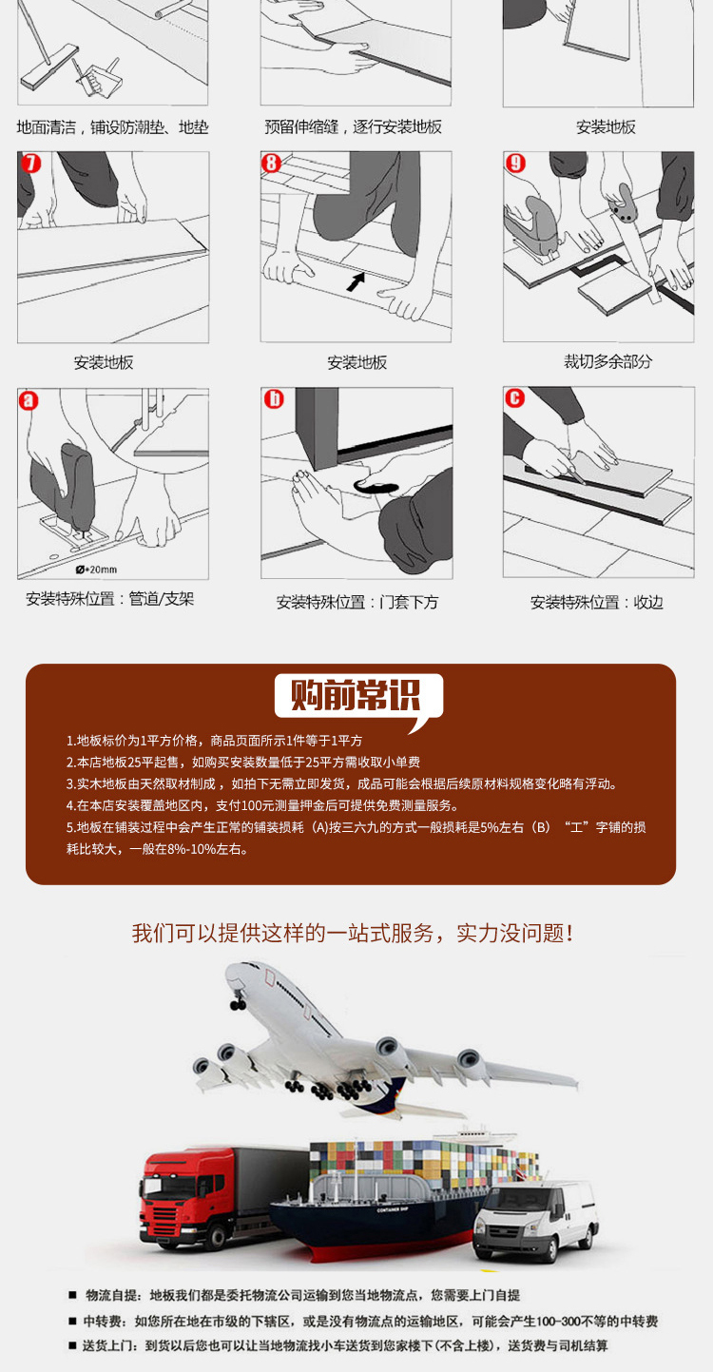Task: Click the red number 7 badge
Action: (x=30, y=164)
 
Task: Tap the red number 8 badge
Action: (x=271, y=164)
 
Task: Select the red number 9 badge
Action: (x=515, y=163)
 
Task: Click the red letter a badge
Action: (x=29, y=400)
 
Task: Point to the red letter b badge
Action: (x=274, y=399)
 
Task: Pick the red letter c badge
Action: (x=515, y=398)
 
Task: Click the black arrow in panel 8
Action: (x=356, y=281)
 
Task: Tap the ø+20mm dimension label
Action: (x=96, y=570)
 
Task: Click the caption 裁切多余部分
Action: (x=607, y=362)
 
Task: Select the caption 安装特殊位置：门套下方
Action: (x=357, y=602)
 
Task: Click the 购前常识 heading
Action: (x=356, y=695)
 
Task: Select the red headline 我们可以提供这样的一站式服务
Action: (x=282, y=934)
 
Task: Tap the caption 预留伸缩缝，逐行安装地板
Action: (x=353, y=126)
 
